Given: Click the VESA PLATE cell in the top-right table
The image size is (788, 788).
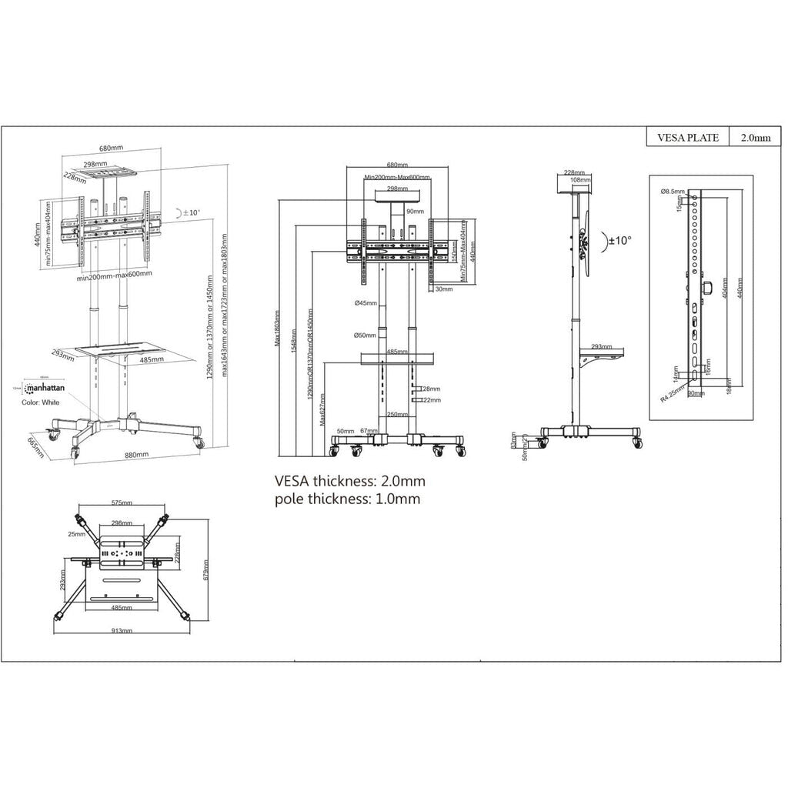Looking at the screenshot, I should pos(687,138).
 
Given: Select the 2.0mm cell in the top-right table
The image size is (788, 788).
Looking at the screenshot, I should pos(755,138).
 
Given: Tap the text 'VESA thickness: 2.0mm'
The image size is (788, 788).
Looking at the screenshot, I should pos(350,481).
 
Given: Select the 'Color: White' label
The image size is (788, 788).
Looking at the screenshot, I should pos(42,402).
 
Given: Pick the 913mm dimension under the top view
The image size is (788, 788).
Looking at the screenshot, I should pos(122,630).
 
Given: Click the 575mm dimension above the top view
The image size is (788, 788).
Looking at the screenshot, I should pos(122,503).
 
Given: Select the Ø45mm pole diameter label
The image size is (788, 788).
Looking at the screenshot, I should pos(366,303).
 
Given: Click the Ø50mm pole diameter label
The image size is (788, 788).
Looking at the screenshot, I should pos(366,335).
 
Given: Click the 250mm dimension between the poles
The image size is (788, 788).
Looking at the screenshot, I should pos(396,414).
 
